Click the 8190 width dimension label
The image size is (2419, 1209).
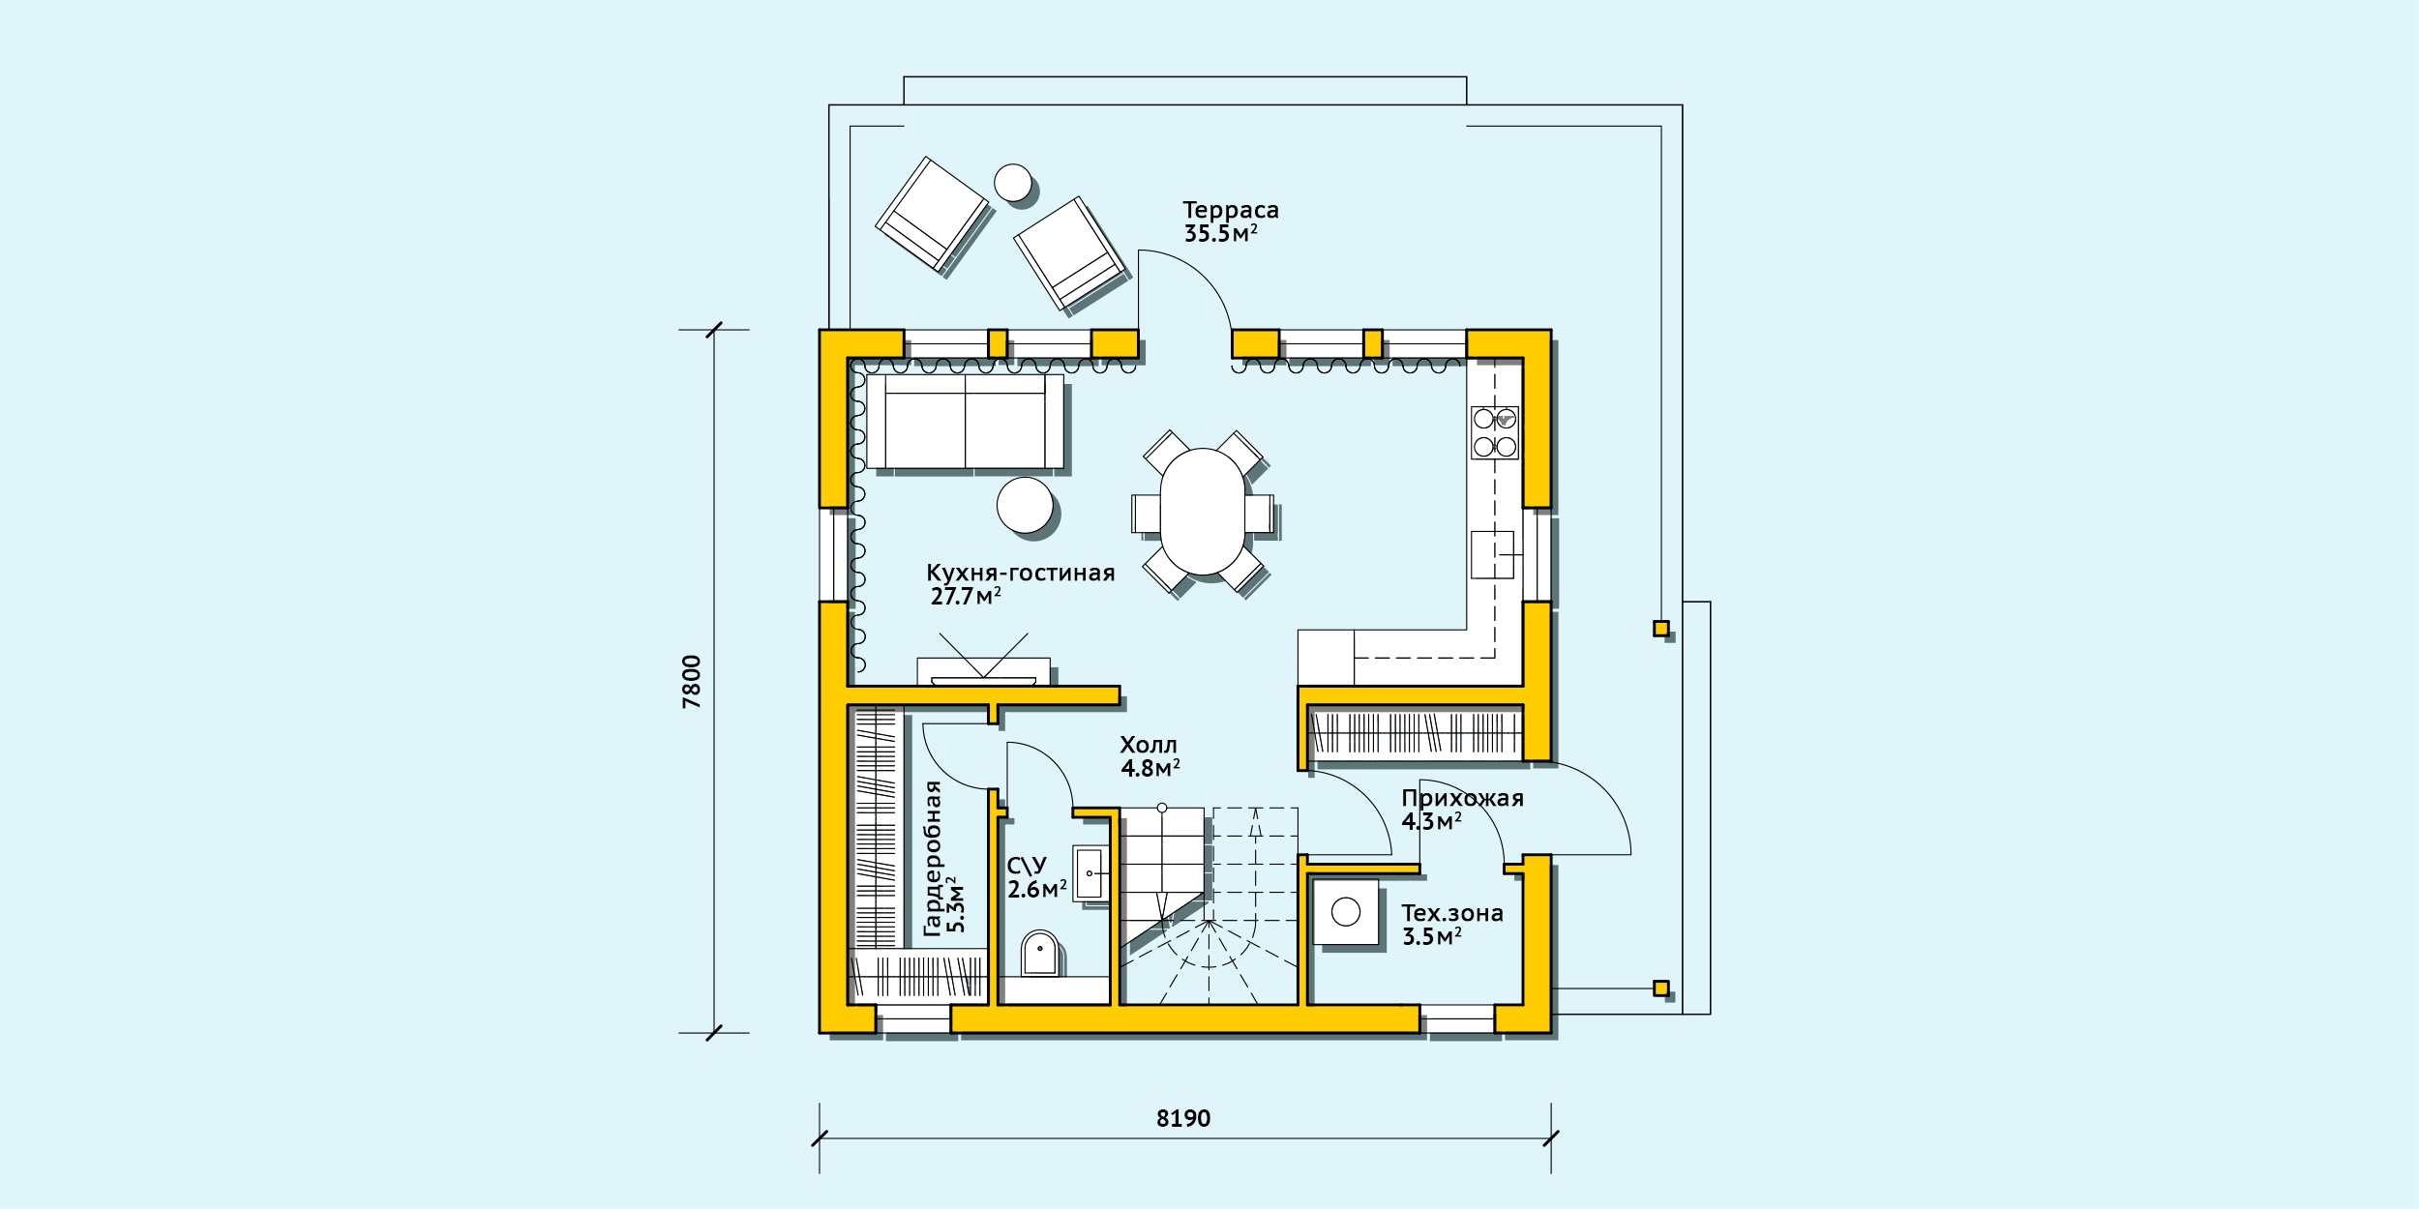tap(1183, 1119)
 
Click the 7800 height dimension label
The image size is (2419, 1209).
tap(692, 682)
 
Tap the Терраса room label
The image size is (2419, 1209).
tap(1231, 211)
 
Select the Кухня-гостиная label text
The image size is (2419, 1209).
tap(1021, 574)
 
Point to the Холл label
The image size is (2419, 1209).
tap(1149, 745)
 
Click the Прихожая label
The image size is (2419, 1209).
tap(1463, 799)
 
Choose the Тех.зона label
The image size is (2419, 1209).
tap(1452, 913)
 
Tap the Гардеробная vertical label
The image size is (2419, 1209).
tap(933, 859)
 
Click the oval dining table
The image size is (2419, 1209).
tap(1203, 512)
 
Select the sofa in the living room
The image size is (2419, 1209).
tap(965, 422)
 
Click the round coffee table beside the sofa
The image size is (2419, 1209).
tap(1025, 505)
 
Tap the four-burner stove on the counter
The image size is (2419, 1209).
tap(1495, 432)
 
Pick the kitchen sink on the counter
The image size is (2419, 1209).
tap(1492, 555)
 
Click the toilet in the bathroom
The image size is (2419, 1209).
tap(1040, 954)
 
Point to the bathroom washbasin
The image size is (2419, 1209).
tap(1090, 873)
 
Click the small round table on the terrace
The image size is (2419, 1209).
tap(1013, 183)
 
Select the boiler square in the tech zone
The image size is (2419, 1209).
tap(1346, 912)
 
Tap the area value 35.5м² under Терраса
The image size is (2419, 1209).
tap(1221, 234)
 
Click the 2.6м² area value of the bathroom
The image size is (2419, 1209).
tap(1037, 890)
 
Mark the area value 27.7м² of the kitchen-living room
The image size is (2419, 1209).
tap(966, 597)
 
